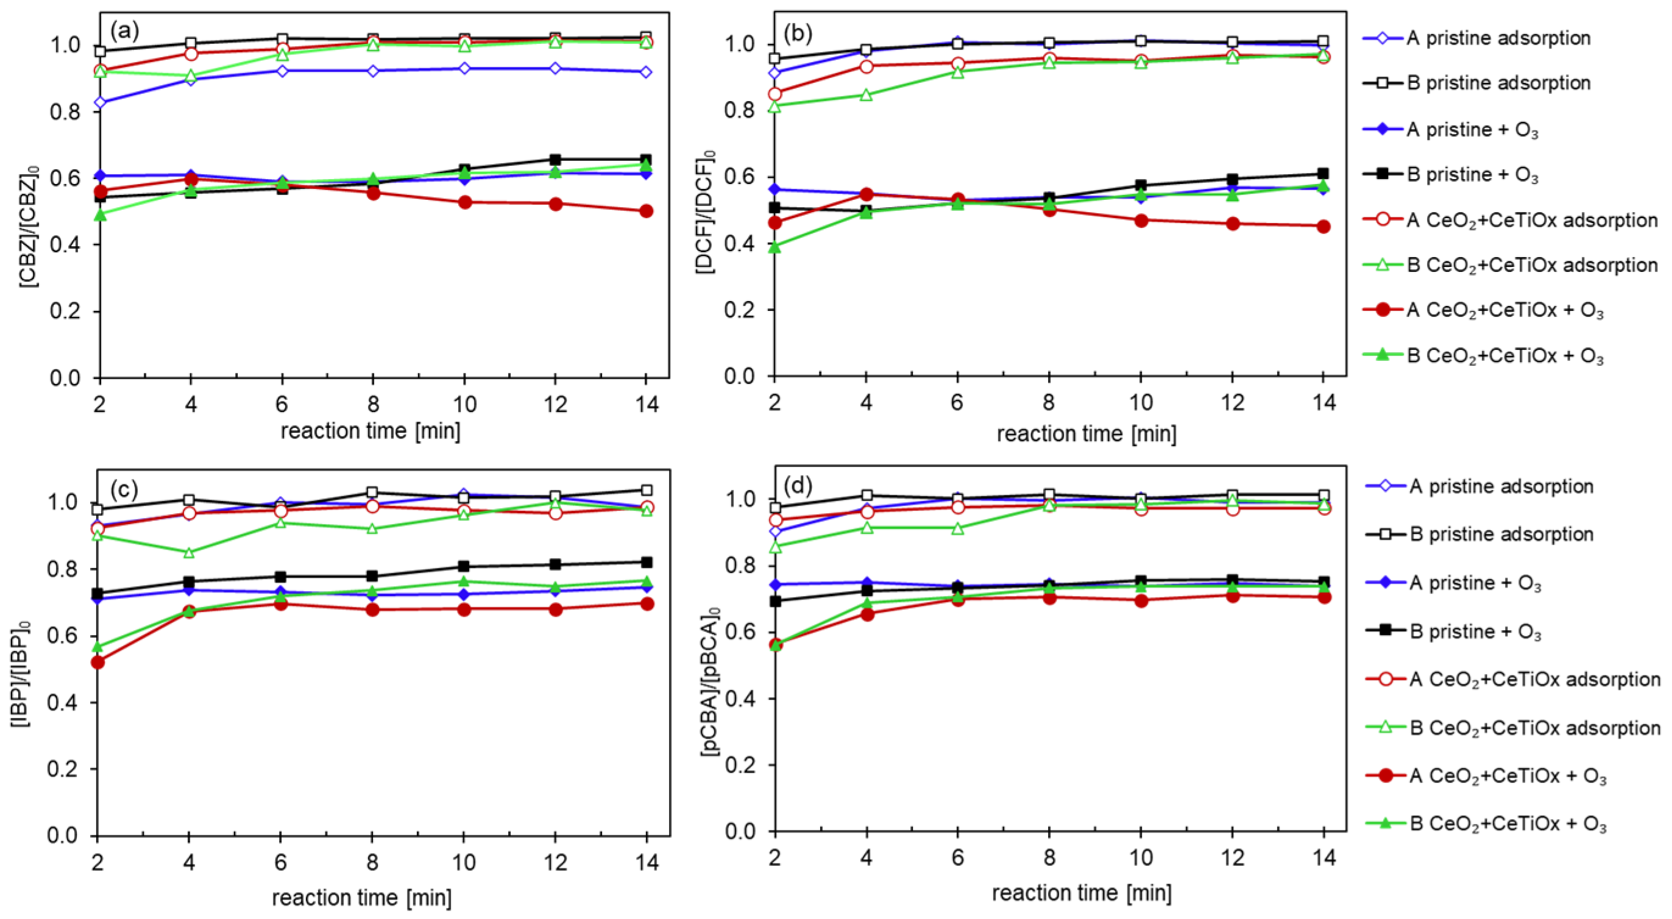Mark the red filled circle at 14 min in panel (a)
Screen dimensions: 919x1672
click(646, 211)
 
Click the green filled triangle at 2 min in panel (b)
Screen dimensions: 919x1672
click(774, 247)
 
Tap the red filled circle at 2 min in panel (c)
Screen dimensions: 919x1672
click(98, 662)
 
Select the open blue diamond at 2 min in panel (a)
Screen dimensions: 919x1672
click(100, 102)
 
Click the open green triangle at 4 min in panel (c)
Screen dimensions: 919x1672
click(189, 553)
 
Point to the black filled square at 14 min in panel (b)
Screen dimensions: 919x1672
click(1323, 173)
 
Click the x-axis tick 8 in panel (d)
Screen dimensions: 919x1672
click(1049, 858)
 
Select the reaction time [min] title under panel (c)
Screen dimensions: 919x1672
click(361, 898)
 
